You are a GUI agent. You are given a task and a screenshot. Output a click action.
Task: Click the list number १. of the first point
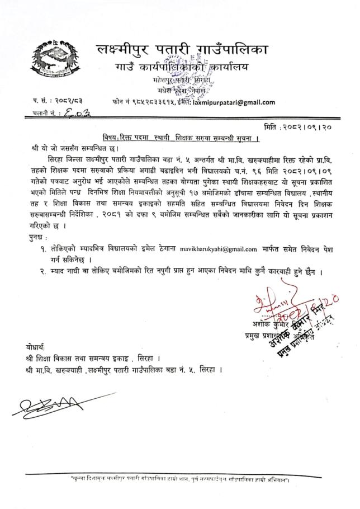pos(55,248)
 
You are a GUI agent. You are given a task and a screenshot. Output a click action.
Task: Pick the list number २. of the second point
pos(55,271)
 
